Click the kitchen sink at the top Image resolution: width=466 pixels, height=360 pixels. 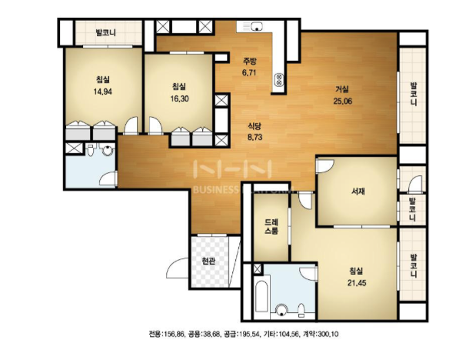[256, 26]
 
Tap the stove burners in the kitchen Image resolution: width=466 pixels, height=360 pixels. [279, 79]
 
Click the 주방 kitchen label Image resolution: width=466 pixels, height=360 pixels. [250, 62]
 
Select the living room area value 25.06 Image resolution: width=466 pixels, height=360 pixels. [343, 102]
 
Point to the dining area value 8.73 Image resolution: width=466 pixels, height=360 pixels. [255, 138]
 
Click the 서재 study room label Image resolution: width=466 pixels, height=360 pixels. [358, 191]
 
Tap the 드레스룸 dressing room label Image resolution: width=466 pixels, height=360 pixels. [271, 226]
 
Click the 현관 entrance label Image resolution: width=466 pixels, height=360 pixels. [208, 262]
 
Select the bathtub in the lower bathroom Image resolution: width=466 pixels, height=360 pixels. [262, 297]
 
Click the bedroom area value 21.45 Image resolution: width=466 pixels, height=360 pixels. [357, 283]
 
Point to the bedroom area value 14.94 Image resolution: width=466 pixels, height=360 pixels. [103, 92]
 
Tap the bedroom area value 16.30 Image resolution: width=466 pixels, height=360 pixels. [179, 98]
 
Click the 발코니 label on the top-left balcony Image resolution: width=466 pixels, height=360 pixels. [106, 32]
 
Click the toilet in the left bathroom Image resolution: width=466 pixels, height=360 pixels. [91, 149]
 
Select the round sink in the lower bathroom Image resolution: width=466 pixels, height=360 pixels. [281, 311]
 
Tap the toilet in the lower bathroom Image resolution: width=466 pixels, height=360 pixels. [301, 310]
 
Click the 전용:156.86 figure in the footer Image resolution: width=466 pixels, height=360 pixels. [166, 334]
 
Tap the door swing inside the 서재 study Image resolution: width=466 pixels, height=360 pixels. [325, 166]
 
